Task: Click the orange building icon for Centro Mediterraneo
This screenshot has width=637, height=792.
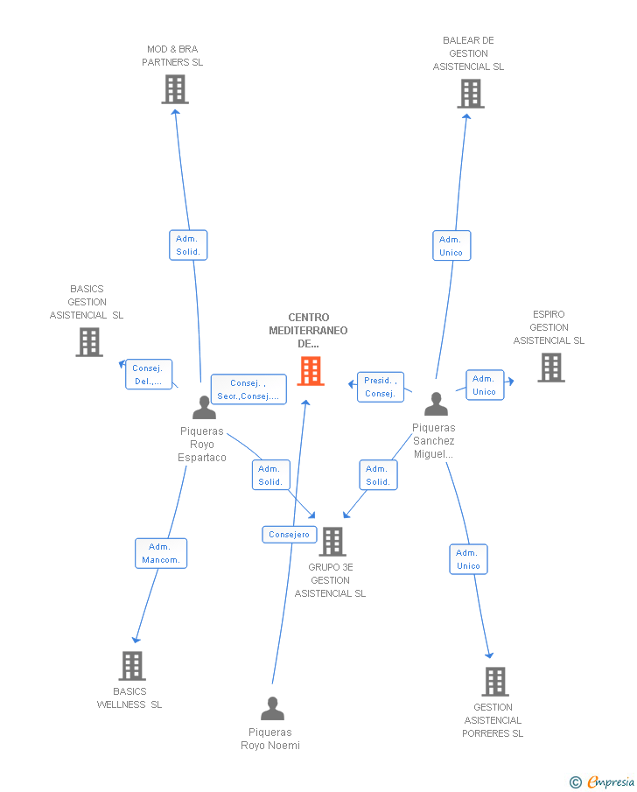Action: pyautogui.click(x=311, y=371)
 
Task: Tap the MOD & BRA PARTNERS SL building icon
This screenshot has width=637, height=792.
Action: pyautogui.click(x=175, y=89)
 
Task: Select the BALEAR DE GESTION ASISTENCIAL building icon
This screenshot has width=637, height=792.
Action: pyautogui.click(x=471, y=94)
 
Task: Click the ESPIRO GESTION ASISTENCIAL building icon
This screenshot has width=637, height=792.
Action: pyautogui.click(x=551, y=368)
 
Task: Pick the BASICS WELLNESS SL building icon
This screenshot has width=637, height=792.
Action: pyautogui.click(x=132, y=666)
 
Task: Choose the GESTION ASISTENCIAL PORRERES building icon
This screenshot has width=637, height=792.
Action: pyautogui.click(x=495, y=682)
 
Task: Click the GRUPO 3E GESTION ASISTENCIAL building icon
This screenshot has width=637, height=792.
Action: pyautogui.click(x=332, y=542)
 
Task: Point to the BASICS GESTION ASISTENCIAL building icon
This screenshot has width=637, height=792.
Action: pyautogui.click(x=89, y=342)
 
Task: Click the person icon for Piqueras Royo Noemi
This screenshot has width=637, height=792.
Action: pyautogui.click(x=273, y=708)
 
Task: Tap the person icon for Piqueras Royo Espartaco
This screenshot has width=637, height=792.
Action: pyautogui.click(x=205, y=407)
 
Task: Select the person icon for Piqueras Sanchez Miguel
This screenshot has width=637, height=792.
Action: pyautogui.click(x=437, y=403)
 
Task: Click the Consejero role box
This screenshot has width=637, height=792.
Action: pyautogui.click(x=290, y=535)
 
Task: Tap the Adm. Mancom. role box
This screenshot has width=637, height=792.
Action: pyautogui.click(x=161, y=553)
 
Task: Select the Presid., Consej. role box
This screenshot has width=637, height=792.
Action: pyautogui.click(x=381, y=387)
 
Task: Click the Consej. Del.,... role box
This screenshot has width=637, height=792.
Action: pyautogui.click(x=149, y=375)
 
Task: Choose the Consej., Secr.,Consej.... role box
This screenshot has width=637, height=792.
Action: pyautogui.click(x=248, y=389)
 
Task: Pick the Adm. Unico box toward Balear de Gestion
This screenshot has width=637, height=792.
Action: pyautogui.click(x=451, y=246)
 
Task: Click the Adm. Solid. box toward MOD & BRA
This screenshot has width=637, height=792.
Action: pyautogui.click(x=188, y=245)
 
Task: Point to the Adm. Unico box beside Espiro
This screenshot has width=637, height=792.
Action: pyautogui.click(x=485, y=385)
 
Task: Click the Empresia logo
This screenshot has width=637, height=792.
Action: pyautogui.click(x=602, y=781)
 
